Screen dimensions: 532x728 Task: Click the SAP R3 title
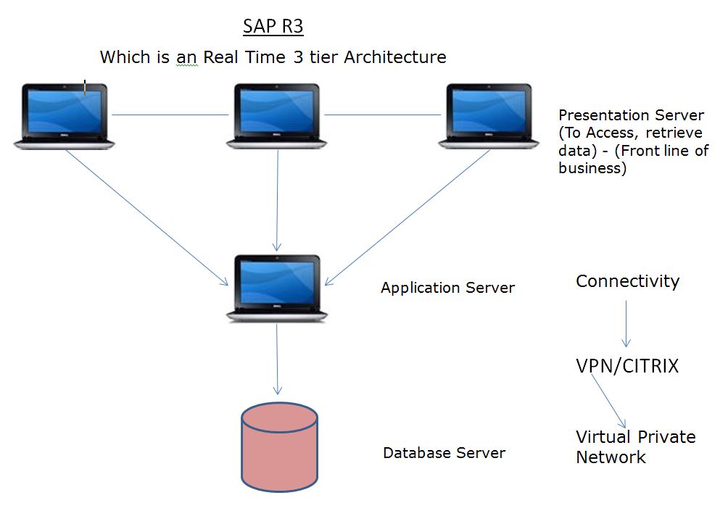[273, 27]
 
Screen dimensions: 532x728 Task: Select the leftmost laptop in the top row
[65, 116]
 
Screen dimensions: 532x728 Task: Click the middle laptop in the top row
[277, 116]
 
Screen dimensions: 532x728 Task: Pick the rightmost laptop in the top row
[489, 116]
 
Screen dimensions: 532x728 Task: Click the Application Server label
[447, 288]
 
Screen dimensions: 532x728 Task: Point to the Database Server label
[444, 453]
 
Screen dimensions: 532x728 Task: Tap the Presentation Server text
[632, 115]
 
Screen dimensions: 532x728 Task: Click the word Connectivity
[627, 281]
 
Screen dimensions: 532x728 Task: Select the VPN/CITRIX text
[627, 366]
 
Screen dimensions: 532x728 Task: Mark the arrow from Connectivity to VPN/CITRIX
[626, 323]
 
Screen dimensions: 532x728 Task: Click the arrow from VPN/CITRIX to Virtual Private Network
[608, 402]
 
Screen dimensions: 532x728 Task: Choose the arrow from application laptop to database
[277, 358]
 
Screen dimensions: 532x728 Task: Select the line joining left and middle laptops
[170, 115]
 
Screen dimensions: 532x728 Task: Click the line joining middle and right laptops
[382, 115]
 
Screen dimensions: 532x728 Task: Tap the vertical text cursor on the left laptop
[85, 88]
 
